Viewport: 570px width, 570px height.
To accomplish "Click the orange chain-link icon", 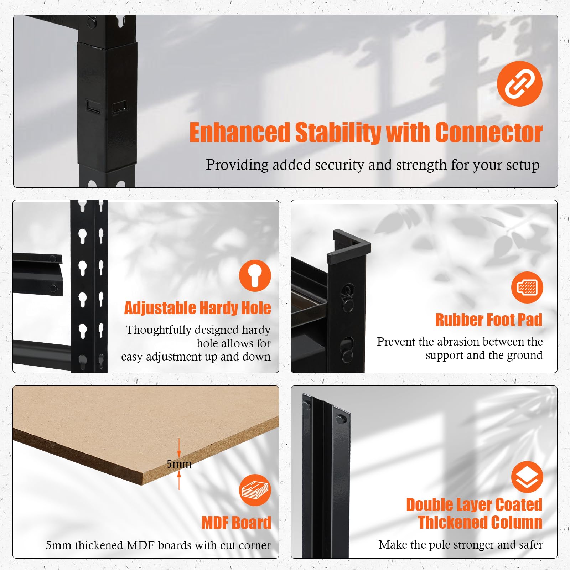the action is (519, 83).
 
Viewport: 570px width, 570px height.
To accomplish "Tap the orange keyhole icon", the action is (255, 275).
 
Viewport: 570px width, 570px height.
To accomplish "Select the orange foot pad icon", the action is (527, 287).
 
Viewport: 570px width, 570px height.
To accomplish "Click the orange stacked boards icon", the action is (255, 490).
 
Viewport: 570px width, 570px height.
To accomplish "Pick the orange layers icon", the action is (527, 477).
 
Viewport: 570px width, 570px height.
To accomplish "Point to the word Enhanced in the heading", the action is (240, 133).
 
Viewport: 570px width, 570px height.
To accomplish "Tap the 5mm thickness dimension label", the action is (179, 464).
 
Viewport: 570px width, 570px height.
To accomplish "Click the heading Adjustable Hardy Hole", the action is (197, 308).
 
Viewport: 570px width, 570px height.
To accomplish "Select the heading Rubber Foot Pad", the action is (489, 320).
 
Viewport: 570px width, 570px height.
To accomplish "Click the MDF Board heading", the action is (236, 523).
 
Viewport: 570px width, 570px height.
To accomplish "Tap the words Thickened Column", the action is (480, 523).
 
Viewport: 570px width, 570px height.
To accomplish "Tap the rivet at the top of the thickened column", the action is (341, 419).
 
